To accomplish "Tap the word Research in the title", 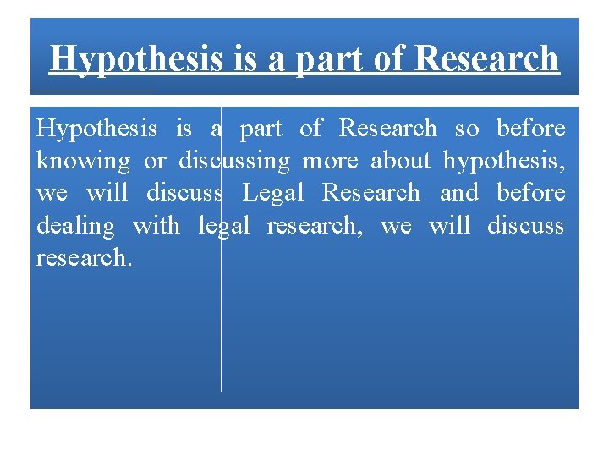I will pos(488,59).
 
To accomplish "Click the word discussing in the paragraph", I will pos(234,161).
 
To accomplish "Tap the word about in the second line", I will pos(402,161).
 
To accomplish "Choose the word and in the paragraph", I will pos(459,193).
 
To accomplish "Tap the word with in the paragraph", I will pos(156,226).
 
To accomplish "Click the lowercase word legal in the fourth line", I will pos(224,227).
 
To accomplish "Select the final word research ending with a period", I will pos(84,258).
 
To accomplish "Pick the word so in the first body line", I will pos(466,129).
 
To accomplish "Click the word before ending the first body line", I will pos(530,129).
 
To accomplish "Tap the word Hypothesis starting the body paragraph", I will pos(96,129).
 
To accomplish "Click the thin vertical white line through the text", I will pos(222,339).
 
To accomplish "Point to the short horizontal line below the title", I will pos(93,90).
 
